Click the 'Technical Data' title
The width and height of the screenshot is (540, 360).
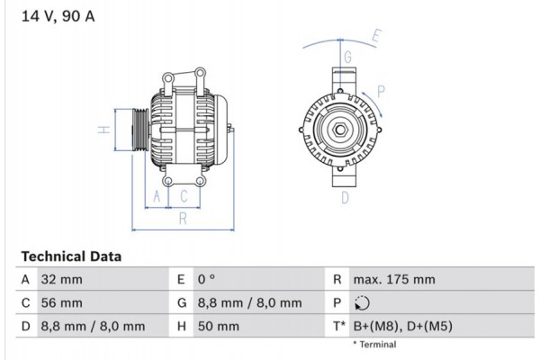[70, 256]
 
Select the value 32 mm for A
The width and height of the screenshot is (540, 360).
[61, 280]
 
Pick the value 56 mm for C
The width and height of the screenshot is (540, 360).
[61, 303]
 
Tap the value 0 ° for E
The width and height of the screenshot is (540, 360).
[208, 280]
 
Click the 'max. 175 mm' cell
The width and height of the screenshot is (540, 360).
[394, 280]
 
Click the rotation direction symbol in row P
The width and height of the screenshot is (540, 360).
[362, 303]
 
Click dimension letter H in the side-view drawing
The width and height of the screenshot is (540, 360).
[104, 130]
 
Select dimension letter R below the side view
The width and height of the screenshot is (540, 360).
[182, 217]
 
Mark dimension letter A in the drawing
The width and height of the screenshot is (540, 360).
[157, 195]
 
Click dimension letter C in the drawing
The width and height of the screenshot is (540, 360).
[183, 195]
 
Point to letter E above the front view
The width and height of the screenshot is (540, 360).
[376, 37]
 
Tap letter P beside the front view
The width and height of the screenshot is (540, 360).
[382, 90]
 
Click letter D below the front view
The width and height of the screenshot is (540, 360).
[344, 197]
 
